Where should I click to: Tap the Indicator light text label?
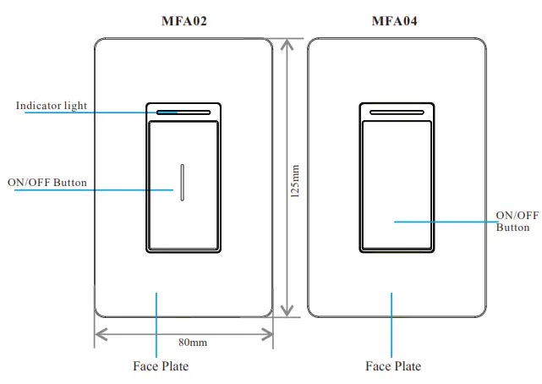point(52,106)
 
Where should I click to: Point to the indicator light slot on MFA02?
point(183,110)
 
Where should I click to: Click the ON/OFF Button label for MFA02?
point(47,182)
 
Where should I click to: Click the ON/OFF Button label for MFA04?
point(517,222)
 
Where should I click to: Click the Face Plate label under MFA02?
point(161,366)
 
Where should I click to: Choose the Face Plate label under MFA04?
point(393,366)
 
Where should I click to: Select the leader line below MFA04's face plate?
point(391,326)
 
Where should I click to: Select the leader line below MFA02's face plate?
point(157,326)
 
